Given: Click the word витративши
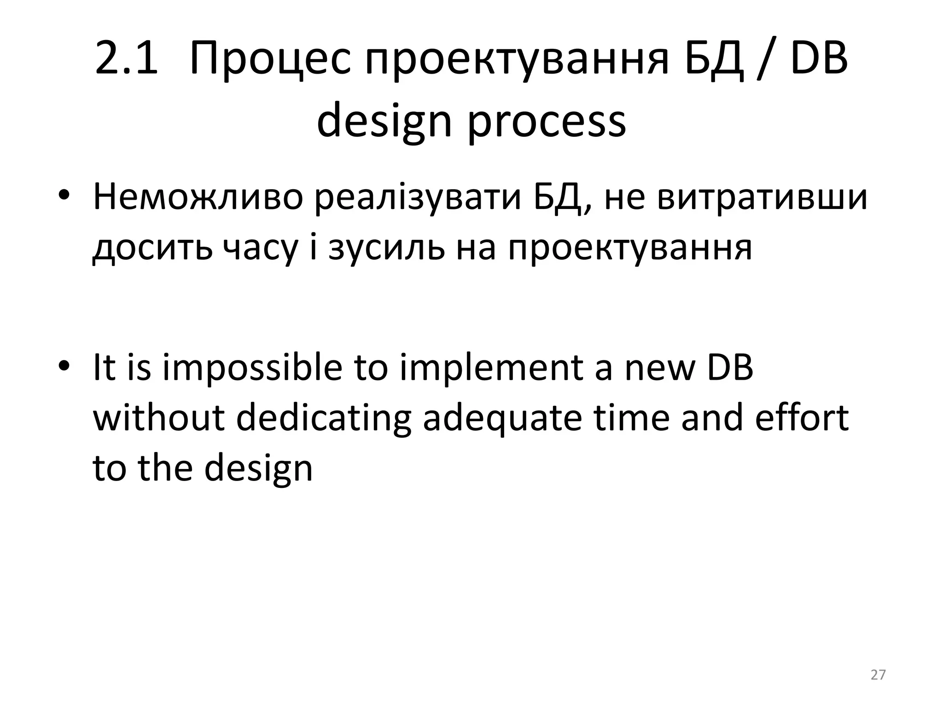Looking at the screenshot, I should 762,197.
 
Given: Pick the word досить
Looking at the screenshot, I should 152,248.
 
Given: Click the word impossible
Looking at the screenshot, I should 252,368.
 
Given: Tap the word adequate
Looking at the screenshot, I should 502,419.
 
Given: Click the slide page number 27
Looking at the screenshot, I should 878,675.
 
